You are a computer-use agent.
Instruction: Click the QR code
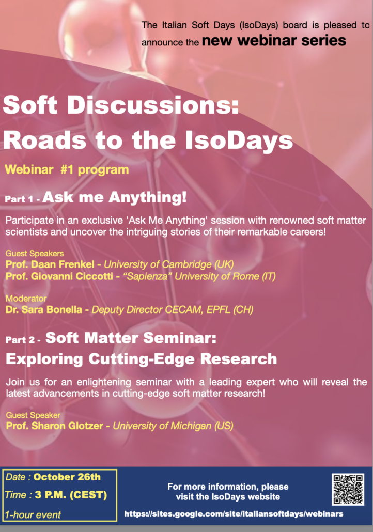(348, 489)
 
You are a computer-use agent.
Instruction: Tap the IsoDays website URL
(234, 514)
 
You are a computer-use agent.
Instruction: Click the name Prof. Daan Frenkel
(50, 264)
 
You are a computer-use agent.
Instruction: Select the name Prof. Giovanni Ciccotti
(59, 276)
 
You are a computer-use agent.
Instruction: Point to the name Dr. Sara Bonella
(44, 309)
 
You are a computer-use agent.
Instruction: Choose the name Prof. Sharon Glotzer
(55, 426)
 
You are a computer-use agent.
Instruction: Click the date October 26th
(67, 477)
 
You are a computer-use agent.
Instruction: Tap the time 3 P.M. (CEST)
(71, 495)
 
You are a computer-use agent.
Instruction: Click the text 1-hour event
(33, 514)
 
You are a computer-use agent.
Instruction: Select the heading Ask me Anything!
(114, 197)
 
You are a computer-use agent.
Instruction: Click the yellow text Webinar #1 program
(67, 169)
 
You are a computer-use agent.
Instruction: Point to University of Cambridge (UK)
(169, 264)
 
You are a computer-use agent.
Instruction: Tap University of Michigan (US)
(173, 426)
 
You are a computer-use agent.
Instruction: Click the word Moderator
(26, 298)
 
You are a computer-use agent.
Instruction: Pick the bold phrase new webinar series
(274, 40)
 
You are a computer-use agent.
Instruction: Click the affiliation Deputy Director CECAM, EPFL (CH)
(173, 309)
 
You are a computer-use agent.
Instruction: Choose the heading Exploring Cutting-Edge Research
(141, 359)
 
